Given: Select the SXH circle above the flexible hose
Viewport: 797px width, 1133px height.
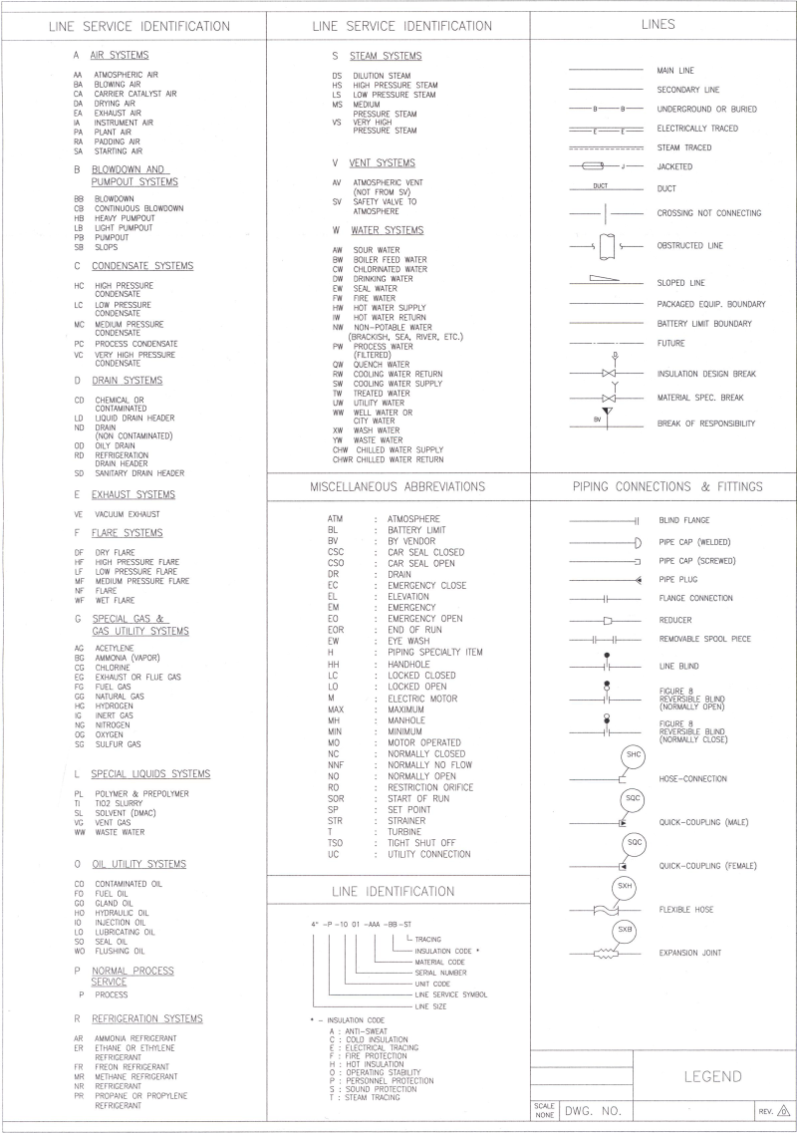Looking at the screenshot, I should pos(625,887).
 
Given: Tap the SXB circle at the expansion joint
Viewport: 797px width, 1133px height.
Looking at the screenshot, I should pos(625,930).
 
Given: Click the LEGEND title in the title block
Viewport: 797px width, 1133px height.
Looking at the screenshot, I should pos(714,1076).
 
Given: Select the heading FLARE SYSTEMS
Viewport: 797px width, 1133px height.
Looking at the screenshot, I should pos(127,533).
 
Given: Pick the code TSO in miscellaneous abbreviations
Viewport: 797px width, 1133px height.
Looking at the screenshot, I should pos(337,842).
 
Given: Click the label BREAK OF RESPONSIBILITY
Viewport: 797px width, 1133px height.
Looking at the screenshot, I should pos(705,424).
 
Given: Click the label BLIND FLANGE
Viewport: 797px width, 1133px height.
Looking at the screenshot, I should pos(684,520).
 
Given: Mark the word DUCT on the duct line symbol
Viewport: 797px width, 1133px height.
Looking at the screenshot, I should pos(600,185).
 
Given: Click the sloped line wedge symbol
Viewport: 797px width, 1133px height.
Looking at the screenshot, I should pos(605,280).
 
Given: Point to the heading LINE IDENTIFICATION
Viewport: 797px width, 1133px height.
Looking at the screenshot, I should pos(398,891).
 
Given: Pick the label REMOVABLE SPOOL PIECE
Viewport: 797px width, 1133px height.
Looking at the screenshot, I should pos(704,639).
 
